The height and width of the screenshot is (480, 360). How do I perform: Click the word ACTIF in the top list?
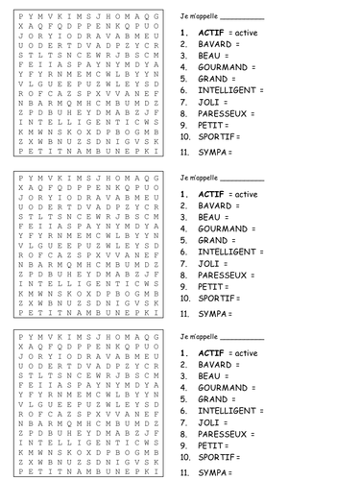click(210, 33)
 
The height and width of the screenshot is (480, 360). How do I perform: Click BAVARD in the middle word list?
click(216, 205)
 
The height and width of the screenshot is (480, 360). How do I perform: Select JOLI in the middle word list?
click(207, 263)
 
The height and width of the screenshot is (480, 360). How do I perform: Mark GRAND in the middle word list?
click(213, 240)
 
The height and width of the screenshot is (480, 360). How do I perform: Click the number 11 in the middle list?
click(183, 313)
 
